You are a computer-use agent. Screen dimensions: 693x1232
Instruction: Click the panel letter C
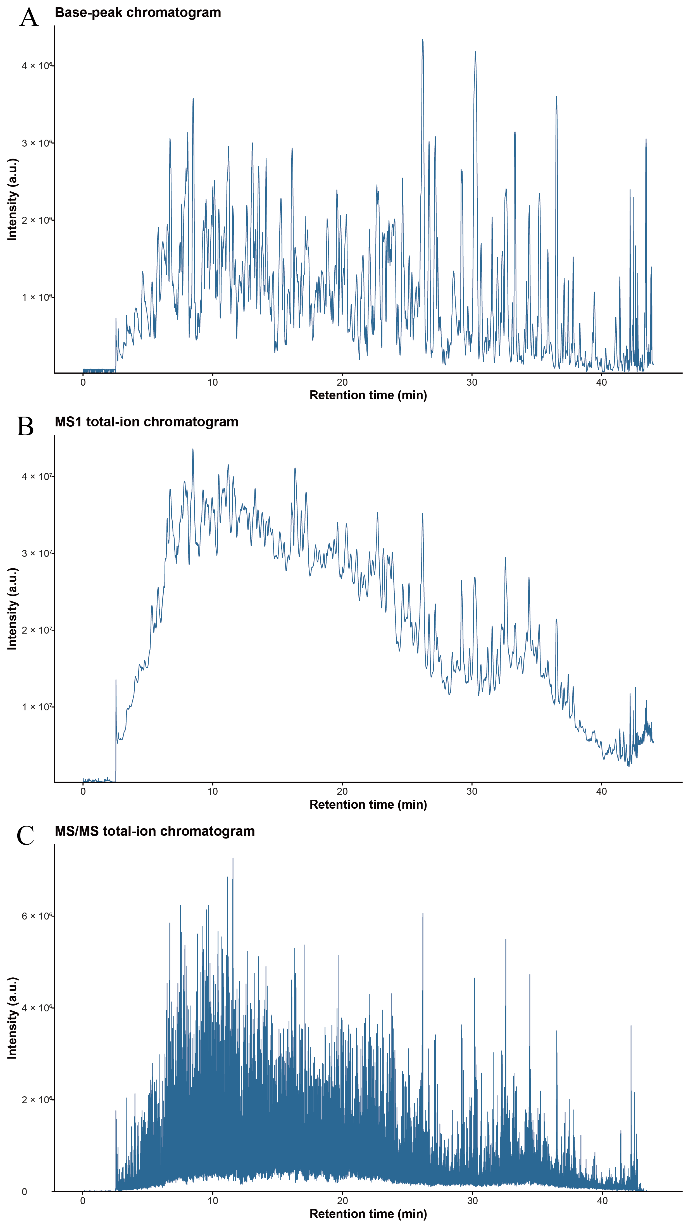(25, 835)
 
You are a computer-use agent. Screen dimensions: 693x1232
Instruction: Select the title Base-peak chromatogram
(138, 13)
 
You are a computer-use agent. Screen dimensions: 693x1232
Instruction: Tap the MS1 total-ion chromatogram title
(146, 422)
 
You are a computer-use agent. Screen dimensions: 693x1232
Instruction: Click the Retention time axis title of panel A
(368, 395)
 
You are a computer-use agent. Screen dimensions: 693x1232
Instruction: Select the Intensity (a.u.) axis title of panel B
(13, 609)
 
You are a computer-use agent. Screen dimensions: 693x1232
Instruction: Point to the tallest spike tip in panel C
(233, 858)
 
